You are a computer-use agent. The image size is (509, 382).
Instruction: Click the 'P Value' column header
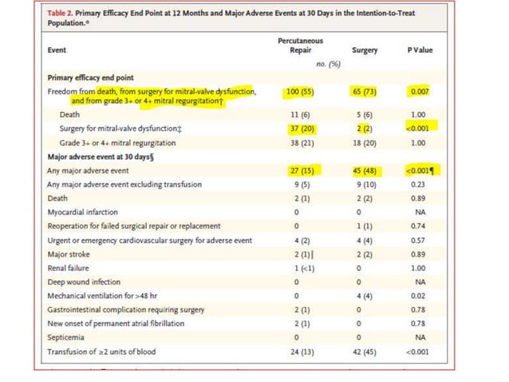[x=420, y=50]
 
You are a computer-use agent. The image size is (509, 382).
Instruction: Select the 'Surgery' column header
[x=364, y=50]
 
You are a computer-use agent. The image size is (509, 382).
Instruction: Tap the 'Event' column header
[x=58, y=50]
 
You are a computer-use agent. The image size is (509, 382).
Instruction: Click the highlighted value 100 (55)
[x=298, y=92]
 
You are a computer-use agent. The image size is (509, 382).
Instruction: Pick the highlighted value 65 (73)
[x=364, y=92]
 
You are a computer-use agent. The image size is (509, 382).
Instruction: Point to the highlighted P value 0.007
[x=420, y=92]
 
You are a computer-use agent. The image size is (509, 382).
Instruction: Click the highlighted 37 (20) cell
[x=298, y=129]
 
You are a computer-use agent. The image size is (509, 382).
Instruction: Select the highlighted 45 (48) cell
[x=364, y=170]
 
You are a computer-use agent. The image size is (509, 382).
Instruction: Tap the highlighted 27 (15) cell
[x=298, y=170]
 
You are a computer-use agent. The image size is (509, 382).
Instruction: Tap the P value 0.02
[x=420, y=296]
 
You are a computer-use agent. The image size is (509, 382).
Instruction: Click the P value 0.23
[x=420, y=184]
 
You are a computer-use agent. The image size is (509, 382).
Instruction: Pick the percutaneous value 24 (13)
[x=298, y=352]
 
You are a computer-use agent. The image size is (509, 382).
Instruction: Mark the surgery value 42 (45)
[x=364, y=352]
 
